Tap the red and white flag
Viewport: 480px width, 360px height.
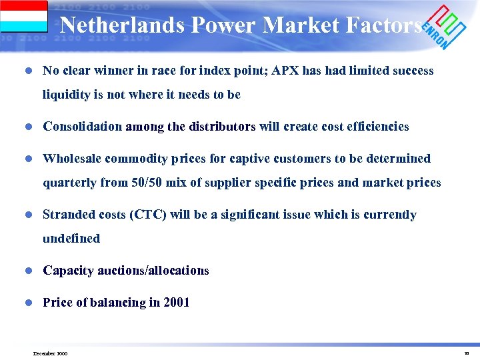point(24,16)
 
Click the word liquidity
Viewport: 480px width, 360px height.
point(66,95)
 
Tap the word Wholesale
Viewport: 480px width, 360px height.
point(71,159)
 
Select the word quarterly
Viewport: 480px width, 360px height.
point(69,183)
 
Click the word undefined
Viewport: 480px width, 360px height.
point(71,239)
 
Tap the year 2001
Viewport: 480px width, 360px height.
point(177,303)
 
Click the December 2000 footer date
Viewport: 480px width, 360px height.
point(50,353)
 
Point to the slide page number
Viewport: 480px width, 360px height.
point(467,353)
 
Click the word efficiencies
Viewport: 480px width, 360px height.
point(378,127)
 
